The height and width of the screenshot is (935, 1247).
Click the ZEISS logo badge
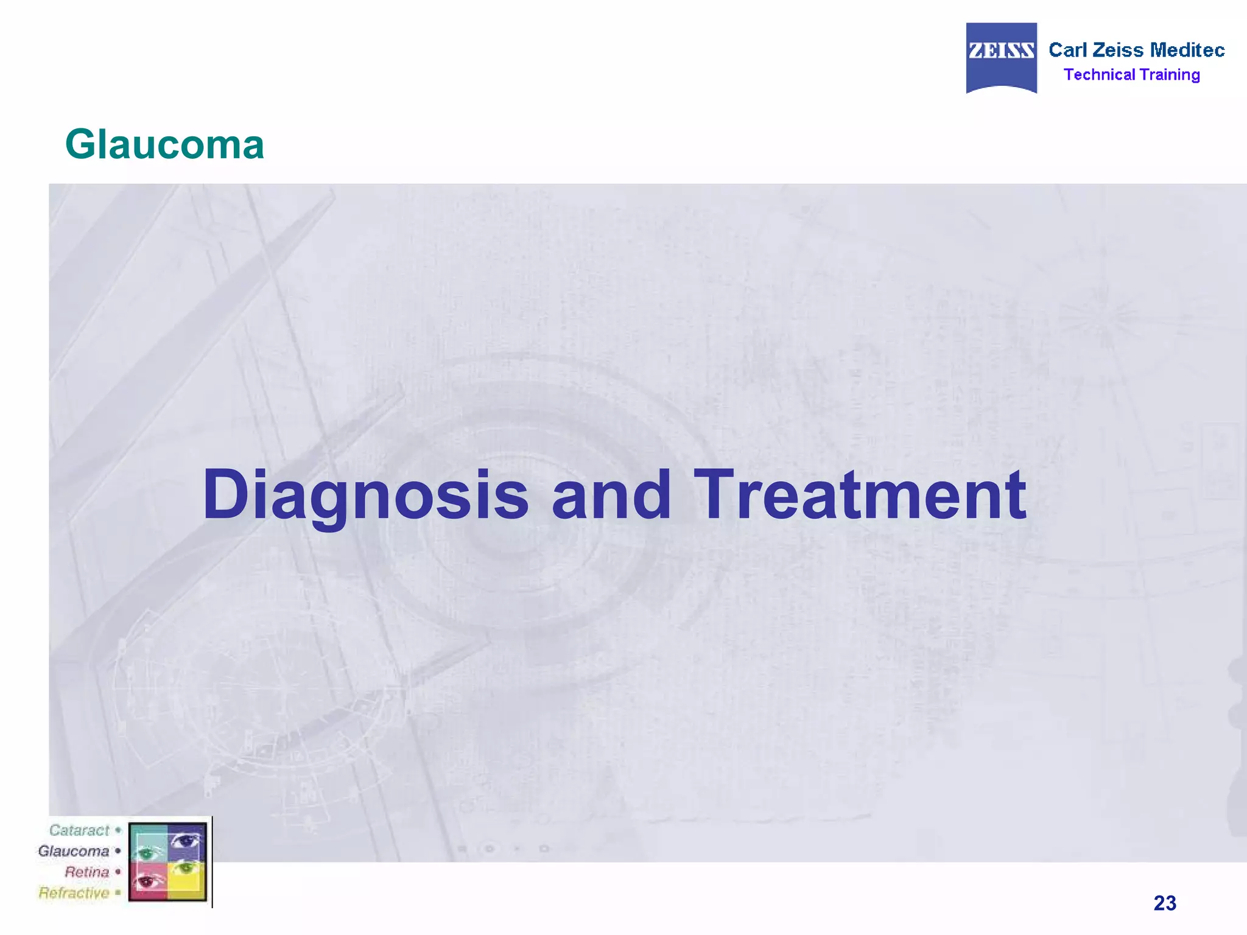[1001, 57]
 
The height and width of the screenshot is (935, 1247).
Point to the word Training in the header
[1170, 75]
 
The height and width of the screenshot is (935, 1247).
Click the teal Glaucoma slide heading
[164, 145]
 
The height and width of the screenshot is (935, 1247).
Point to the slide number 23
[1164, 903]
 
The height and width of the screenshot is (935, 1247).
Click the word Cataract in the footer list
[79, 830]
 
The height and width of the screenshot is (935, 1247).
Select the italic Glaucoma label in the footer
[73, 851]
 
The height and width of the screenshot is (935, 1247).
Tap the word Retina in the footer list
[86, 872]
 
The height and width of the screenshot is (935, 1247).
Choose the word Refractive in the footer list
[74, 893]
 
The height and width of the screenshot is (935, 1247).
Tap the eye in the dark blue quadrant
[186, 841]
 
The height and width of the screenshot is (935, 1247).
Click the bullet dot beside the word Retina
[118, 872]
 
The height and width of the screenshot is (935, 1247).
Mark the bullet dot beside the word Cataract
[118, 830]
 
